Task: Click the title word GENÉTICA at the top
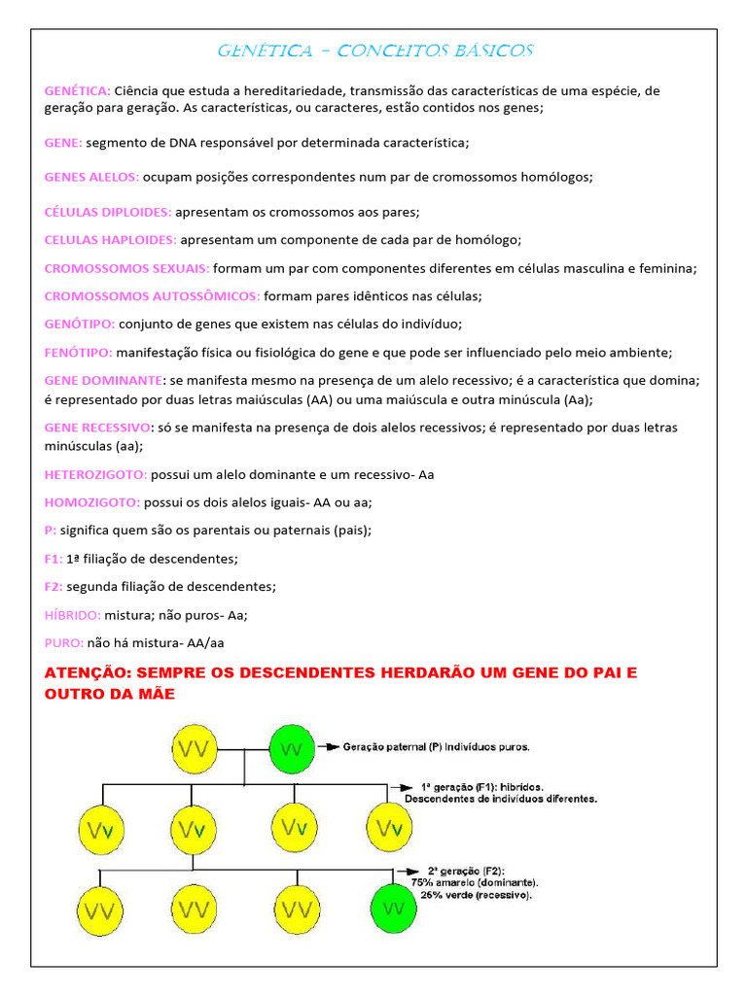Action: [x=264, y=51]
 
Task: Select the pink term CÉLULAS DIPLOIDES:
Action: [x=108, y=211]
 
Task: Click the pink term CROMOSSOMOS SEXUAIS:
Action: [x=126, y=268]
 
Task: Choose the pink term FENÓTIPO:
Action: [x=79, y=352]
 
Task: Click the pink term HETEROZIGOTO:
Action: [x=95, y=474]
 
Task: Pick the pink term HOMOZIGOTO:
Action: [x=92, y=502]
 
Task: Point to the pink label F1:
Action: [x=53, y=559]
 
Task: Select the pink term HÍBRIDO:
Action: [x=73, y=615]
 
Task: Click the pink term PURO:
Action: [x=64, y=642]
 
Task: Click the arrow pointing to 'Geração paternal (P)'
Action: [x=330, y=747]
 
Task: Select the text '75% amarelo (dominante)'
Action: [x=475, y=882]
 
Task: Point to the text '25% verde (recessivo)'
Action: [x=476, y=895]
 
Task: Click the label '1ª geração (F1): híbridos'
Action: [x=482, y=786]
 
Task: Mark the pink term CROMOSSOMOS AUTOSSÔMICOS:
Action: [x=152, y=295]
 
